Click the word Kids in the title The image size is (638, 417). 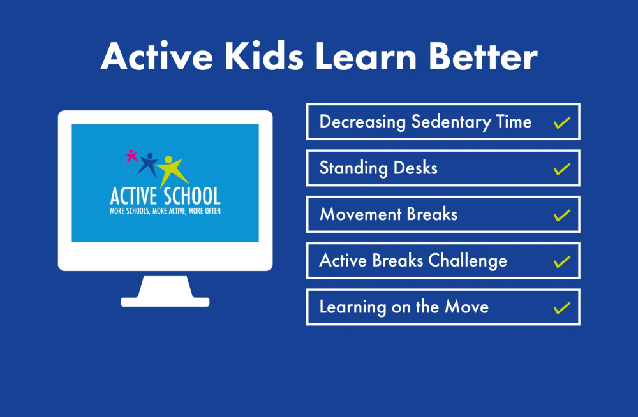tap(264, 56)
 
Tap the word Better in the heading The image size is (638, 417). tap(483, 56)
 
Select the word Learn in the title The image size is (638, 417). tap(366, 56)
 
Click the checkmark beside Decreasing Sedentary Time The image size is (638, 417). tap(562, 122)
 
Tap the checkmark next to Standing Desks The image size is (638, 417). tap(562, 169)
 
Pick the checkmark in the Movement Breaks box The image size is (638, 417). tap(562, 215)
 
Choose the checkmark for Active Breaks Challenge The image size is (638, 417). tap(562, 261)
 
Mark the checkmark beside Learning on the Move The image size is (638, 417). tap(562, 307)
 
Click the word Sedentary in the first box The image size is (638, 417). tap(451, 122)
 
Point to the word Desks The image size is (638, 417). tap(415, 168)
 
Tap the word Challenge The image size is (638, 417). tap(468, 261)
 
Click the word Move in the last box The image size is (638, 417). tap(467, 307)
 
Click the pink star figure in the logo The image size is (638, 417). tap(131, 156)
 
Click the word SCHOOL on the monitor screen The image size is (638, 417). tap(193, 196)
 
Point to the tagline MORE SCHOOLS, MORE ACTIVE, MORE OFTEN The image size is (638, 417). tap(165, 211)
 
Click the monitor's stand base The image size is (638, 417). tap(165, 302)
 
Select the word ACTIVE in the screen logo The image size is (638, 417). tap(133, 196)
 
